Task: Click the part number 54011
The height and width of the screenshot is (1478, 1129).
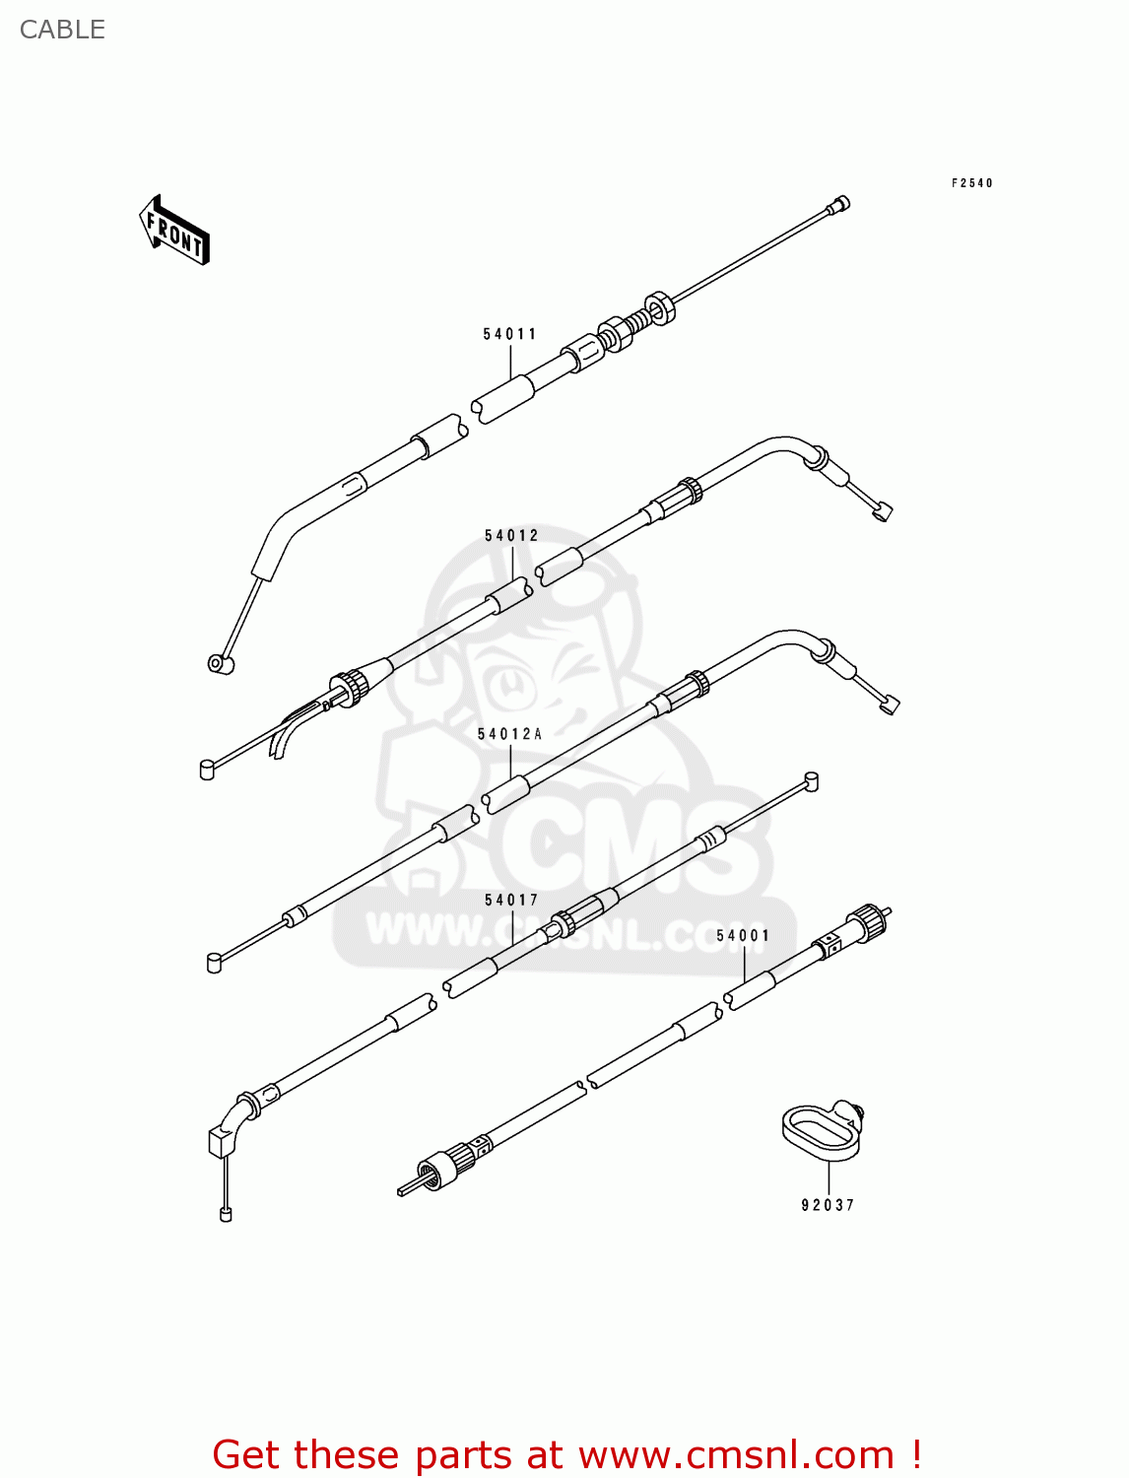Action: pyautogui.click(x=509, y=334)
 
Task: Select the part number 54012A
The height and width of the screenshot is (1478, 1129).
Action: pyautogui.click(x=509, y=734)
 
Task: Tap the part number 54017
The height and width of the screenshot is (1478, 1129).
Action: pyautogui.click(x=511, y=900)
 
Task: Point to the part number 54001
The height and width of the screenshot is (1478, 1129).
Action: pyautogui.click(x=743, y=935)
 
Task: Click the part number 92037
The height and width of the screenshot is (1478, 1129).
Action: pyautogui.click(x=828, y=1205)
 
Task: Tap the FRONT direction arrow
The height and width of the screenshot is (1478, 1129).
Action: pyautogui.click(x=174, y=231)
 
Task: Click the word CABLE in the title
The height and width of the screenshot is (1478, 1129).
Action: pyautogui.click(x=62, y=30)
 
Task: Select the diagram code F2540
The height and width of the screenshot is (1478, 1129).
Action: pyautogui.click(x=971, y=183)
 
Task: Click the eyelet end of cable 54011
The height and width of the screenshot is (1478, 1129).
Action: pyautogui.click(x=221, y=664)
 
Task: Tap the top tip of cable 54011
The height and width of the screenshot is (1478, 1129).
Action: pyautogui.click(x=840, y=204)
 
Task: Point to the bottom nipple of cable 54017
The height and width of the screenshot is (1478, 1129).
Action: pyautogui.click(x=226, y=1214)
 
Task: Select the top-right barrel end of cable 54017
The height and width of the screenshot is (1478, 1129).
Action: pyautogui.click(x=811, y=781)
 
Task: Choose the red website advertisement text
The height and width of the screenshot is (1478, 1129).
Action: pyautogui.click(x=566, y=1454)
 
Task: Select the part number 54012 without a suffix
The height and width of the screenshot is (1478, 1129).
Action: pyautogui.click(x=511, y=536)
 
